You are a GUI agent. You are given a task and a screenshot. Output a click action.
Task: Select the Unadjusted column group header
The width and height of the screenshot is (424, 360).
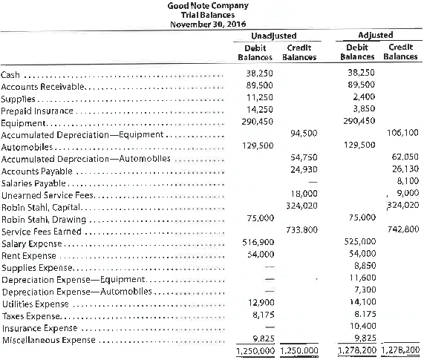(274, 36)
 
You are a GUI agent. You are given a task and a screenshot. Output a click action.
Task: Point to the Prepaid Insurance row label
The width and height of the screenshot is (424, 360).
(29, 111)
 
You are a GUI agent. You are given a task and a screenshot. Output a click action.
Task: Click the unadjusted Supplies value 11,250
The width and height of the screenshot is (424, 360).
(256, 99)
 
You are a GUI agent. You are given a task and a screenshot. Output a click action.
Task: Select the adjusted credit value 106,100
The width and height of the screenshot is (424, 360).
(402, 134)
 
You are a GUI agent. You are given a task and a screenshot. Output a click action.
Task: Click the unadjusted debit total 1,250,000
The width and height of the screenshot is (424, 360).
(254, 351)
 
